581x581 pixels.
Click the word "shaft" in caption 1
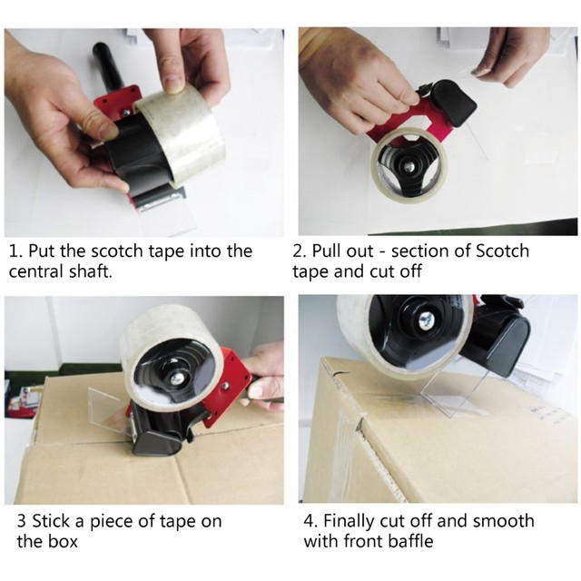pos(91,271)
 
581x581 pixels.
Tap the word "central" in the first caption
pos(36,271)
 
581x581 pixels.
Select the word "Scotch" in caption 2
pos(502,251)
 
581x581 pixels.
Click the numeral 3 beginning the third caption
pos(22,521)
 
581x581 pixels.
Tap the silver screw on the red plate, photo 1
pos(126,113)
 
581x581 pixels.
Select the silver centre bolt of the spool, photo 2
pos(409,167)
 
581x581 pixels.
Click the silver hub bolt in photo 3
pos(176,378)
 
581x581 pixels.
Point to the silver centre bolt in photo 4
pos(425,320)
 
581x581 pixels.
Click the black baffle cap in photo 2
pos(453,103)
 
